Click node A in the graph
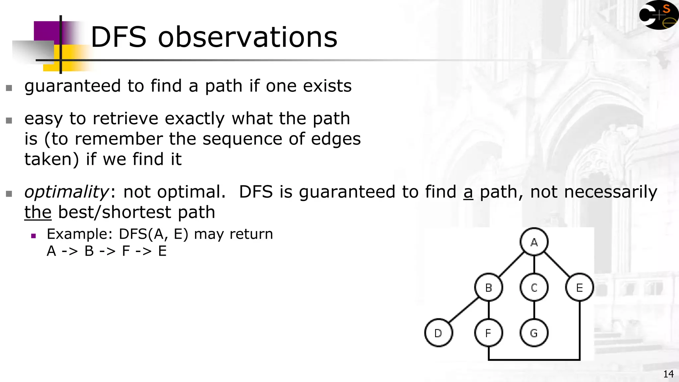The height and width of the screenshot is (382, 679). [534, 242]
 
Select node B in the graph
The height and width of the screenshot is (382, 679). [488, 287]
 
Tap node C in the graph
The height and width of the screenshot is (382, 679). [534, 287]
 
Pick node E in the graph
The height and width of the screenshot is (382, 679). [579, 287]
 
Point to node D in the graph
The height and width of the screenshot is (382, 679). [438, 333]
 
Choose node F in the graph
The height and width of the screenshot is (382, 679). [488, 333]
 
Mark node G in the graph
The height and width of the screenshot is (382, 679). [534, 333]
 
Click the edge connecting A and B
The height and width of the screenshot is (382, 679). [511, 265]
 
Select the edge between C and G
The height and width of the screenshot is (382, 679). [534, 310]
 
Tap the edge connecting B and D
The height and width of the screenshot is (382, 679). [463, 310]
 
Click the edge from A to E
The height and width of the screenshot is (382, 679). [557, 265]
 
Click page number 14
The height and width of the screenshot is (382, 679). [668, 374]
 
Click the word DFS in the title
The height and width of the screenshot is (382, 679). [118, 37]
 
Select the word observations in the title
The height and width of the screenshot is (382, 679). [247, 37]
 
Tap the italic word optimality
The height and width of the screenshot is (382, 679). [66, 192]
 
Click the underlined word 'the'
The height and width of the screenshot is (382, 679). [38, 212]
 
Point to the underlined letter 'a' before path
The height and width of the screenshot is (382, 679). [468, 192]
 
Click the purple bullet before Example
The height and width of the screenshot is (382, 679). [33, 236]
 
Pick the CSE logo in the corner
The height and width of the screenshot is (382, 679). [658, 15]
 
